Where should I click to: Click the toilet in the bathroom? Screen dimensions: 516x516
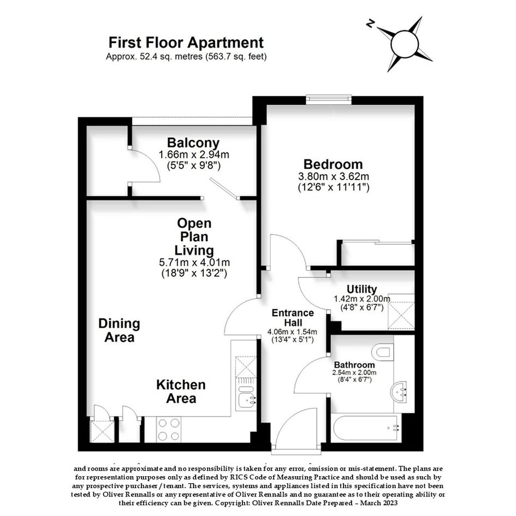[383, 352]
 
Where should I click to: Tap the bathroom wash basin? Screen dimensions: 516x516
[399, 392]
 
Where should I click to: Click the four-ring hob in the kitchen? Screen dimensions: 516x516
[169, 429]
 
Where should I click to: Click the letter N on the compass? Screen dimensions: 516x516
[371, 24]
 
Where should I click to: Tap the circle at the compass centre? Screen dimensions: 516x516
[405, 44]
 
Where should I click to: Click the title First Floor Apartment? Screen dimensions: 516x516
[186, 43]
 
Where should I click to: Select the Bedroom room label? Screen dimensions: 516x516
[333, 164]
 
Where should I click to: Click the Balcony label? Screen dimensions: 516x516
[193, 143]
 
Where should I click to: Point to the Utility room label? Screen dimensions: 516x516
[361, 289]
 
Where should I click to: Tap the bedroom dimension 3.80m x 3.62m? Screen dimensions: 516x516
[334, 176]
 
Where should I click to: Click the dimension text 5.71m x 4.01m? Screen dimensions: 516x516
[194, 262]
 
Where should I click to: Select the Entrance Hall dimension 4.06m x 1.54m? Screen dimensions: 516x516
[292, 332]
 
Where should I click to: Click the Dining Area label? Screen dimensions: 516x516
[119, 330]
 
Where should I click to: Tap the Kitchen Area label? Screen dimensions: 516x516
[181, 392]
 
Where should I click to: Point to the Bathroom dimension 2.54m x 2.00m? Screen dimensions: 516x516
[354, 373]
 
